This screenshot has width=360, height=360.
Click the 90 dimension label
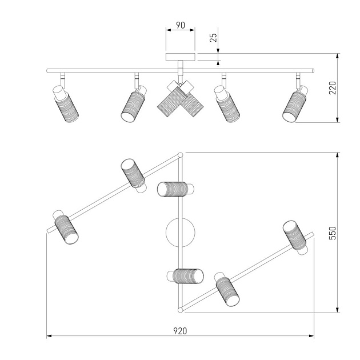(x=181, y=25)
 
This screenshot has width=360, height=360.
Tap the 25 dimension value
(x=213, y=37)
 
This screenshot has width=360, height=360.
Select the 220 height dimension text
(x=332, y=87)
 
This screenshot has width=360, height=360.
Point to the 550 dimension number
(x=332, y=233)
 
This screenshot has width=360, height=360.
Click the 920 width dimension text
(x=180, y=331)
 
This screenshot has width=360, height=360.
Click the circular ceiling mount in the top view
(x=181, y=233)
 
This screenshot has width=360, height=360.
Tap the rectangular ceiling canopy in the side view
(x=181, y=57)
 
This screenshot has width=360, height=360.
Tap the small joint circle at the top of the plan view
(x=181, y=155)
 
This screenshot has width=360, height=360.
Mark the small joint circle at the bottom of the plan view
(x=181, y=310)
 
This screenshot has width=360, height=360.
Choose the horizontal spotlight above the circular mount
(x=175, y=189)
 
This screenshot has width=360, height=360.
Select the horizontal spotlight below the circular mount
(x=185, y=276)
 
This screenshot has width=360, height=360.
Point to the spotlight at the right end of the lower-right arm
(x=295, y=237)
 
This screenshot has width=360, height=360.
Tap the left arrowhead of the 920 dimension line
(x=49, y=336)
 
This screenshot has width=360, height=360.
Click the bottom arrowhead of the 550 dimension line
(x=337, y=310)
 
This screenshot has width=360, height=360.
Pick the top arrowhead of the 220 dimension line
(x=337, y=56)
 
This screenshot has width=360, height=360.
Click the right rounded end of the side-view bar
(x=313, y=71)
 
